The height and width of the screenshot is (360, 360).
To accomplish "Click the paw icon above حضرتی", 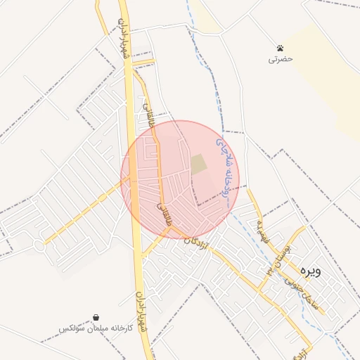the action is coord(281,49).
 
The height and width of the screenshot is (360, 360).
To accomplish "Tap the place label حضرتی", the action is coord(280,60).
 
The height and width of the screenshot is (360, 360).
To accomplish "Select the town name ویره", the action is coord(309,269).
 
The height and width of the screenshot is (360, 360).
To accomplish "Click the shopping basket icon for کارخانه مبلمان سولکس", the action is coord(96,318).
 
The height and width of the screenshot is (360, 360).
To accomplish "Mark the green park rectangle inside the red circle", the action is coord(199,165).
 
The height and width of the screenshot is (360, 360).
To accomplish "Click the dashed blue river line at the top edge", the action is coord(188,4).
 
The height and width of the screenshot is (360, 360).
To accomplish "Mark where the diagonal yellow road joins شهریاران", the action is coord(131,179).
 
